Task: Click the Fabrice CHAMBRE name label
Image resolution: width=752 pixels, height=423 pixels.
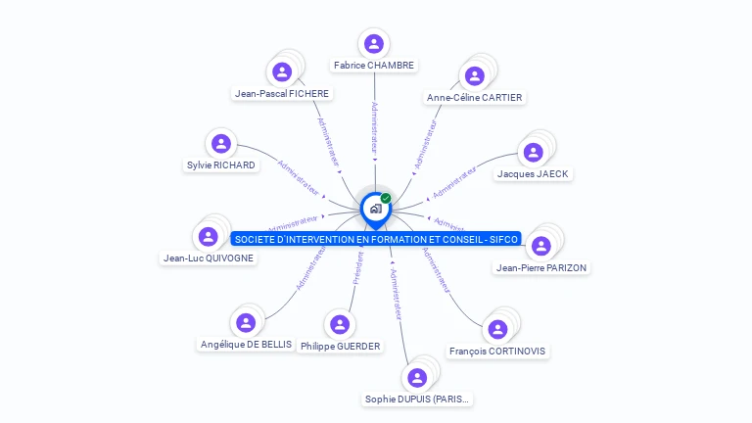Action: click(374, 66)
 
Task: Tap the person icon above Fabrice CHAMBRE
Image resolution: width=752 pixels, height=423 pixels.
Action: click(373, 44)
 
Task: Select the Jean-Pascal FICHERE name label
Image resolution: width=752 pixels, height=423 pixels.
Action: click(282, 94)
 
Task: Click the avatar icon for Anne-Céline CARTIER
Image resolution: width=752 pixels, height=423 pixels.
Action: click(475, 75)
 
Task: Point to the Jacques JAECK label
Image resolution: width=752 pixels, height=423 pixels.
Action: click(533, 174)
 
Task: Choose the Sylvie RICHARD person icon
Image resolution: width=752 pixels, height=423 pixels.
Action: click(221, 144)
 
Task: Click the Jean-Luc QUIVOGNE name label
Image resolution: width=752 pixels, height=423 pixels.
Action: click(209, 258)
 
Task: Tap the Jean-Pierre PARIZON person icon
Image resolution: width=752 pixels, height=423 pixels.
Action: click(540, 245)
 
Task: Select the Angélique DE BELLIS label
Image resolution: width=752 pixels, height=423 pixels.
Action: click(246, 345)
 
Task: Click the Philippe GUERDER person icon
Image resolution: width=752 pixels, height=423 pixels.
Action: click(340, 324)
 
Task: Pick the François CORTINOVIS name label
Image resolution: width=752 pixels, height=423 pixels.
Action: click(498, 352)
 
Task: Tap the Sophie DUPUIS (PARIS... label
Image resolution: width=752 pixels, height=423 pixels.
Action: click(417, 399)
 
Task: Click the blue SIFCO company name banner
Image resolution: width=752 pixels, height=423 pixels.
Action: click(376, 239)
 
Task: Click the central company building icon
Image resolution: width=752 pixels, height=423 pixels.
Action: click(375, 208)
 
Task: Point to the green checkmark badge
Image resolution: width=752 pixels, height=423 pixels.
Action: click(386, 198)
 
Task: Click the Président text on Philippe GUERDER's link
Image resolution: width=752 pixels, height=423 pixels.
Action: click(357, 267)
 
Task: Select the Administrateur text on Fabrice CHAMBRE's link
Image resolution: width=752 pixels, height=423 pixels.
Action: click(374, 126)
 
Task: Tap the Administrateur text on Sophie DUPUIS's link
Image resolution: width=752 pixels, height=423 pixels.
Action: click(396, 295)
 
